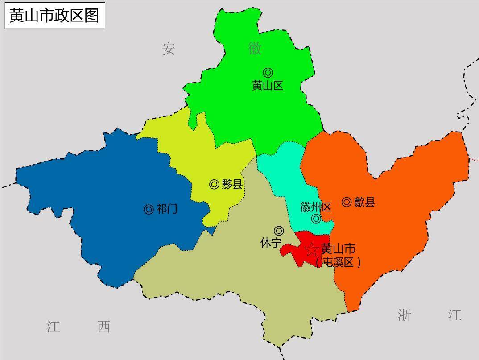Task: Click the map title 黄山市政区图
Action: tap(54, 15)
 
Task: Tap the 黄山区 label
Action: tap(268, 86)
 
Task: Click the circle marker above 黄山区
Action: tap(268, 72)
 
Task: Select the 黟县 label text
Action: tap(232, 184)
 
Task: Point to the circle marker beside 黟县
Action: tap(214, 184)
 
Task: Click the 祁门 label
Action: tap(167, 209)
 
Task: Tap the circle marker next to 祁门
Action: tap(149, 209)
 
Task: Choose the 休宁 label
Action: tap(271, 243)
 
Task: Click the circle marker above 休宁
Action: tap(279, 231)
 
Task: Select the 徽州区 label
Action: tap(316, 207)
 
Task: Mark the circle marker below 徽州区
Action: tap(316, 219)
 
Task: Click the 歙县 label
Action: tap(364, 203)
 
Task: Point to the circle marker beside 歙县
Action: tap(347, 202)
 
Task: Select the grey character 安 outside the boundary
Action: tap(169, 49)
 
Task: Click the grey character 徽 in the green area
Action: tap(255, 48)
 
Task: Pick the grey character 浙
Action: tap(404, 315)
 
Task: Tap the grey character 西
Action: tap(104, 327)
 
